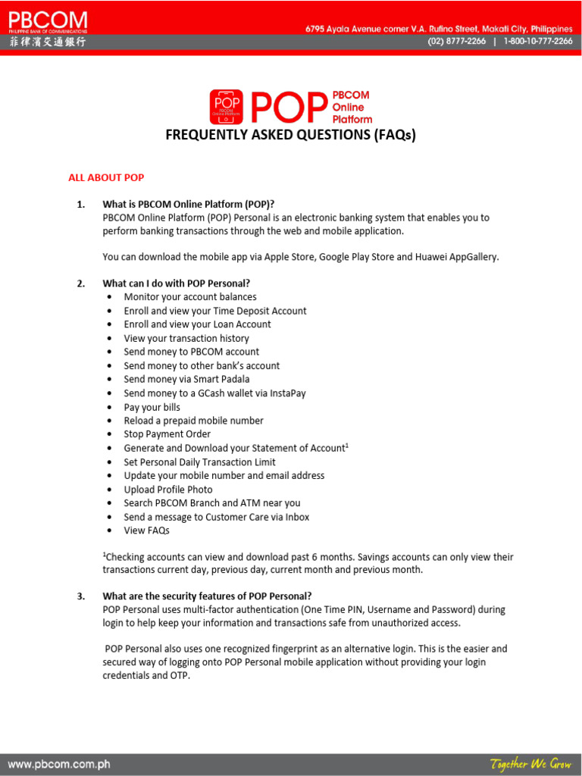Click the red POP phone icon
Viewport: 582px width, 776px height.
[x=227, y=107]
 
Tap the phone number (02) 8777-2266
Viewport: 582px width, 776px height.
[x=456, y=42]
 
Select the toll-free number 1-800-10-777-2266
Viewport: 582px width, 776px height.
[x=537, y=42]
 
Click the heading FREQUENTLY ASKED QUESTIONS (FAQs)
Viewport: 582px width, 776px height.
[x=291, y=136]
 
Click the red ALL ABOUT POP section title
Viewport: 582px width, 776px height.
[x=106, y=177]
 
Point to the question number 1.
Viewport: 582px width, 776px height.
[x=80, y=204]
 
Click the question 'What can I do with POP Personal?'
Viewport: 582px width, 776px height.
[x=177, y=283]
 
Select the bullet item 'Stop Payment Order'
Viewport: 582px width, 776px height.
[x=167, y=434]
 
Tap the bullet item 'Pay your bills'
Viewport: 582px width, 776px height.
[x=152, y=407]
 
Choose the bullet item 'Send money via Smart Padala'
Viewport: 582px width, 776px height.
[x=186, y=379]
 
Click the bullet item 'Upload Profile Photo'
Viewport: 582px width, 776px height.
[x=168, y=490]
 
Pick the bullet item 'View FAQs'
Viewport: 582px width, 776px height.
[x=146, y=530]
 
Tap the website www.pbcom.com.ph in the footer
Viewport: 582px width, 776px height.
[x=59, y=764]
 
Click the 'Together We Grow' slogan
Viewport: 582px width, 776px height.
[x=530, y=764]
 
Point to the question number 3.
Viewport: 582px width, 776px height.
[x=80, y=596]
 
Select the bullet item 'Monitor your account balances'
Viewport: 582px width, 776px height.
[x=190, y=297]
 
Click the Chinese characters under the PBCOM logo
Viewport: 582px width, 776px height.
[x=47, y=42]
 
